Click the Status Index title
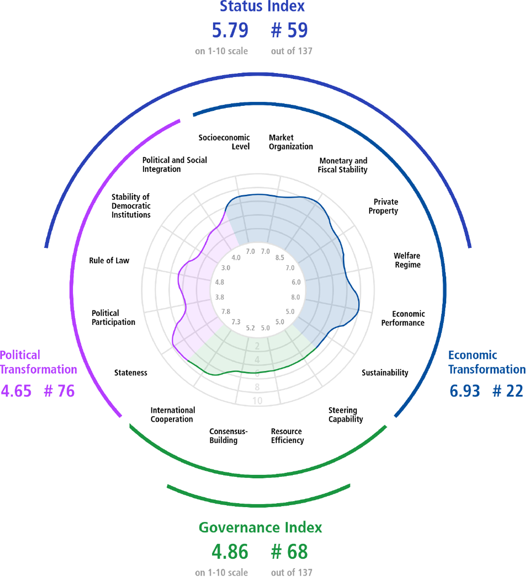click(262, 6)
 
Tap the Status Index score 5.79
click(230, 30)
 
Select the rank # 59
click(289, 30)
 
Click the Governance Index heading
click(260, 527)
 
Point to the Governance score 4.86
click(230, 551)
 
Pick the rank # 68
click(289, 551)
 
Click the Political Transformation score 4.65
click(16, 391)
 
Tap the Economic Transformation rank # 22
click(508, 391)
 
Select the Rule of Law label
click(109, 260)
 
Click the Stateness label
click(131, 372)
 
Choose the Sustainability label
click(385, 373)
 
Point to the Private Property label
click(383, 206)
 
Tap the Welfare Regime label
click(407, 260)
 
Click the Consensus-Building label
click(228, 436)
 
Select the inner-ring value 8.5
click(280, 258)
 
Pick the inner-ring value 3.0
click(226, 268)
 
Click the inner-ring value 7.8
click(226, 312)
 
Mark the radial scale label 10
click(257, 400)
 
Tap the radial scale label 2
click(257, 346)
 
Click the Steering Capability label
click(346, 415)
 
